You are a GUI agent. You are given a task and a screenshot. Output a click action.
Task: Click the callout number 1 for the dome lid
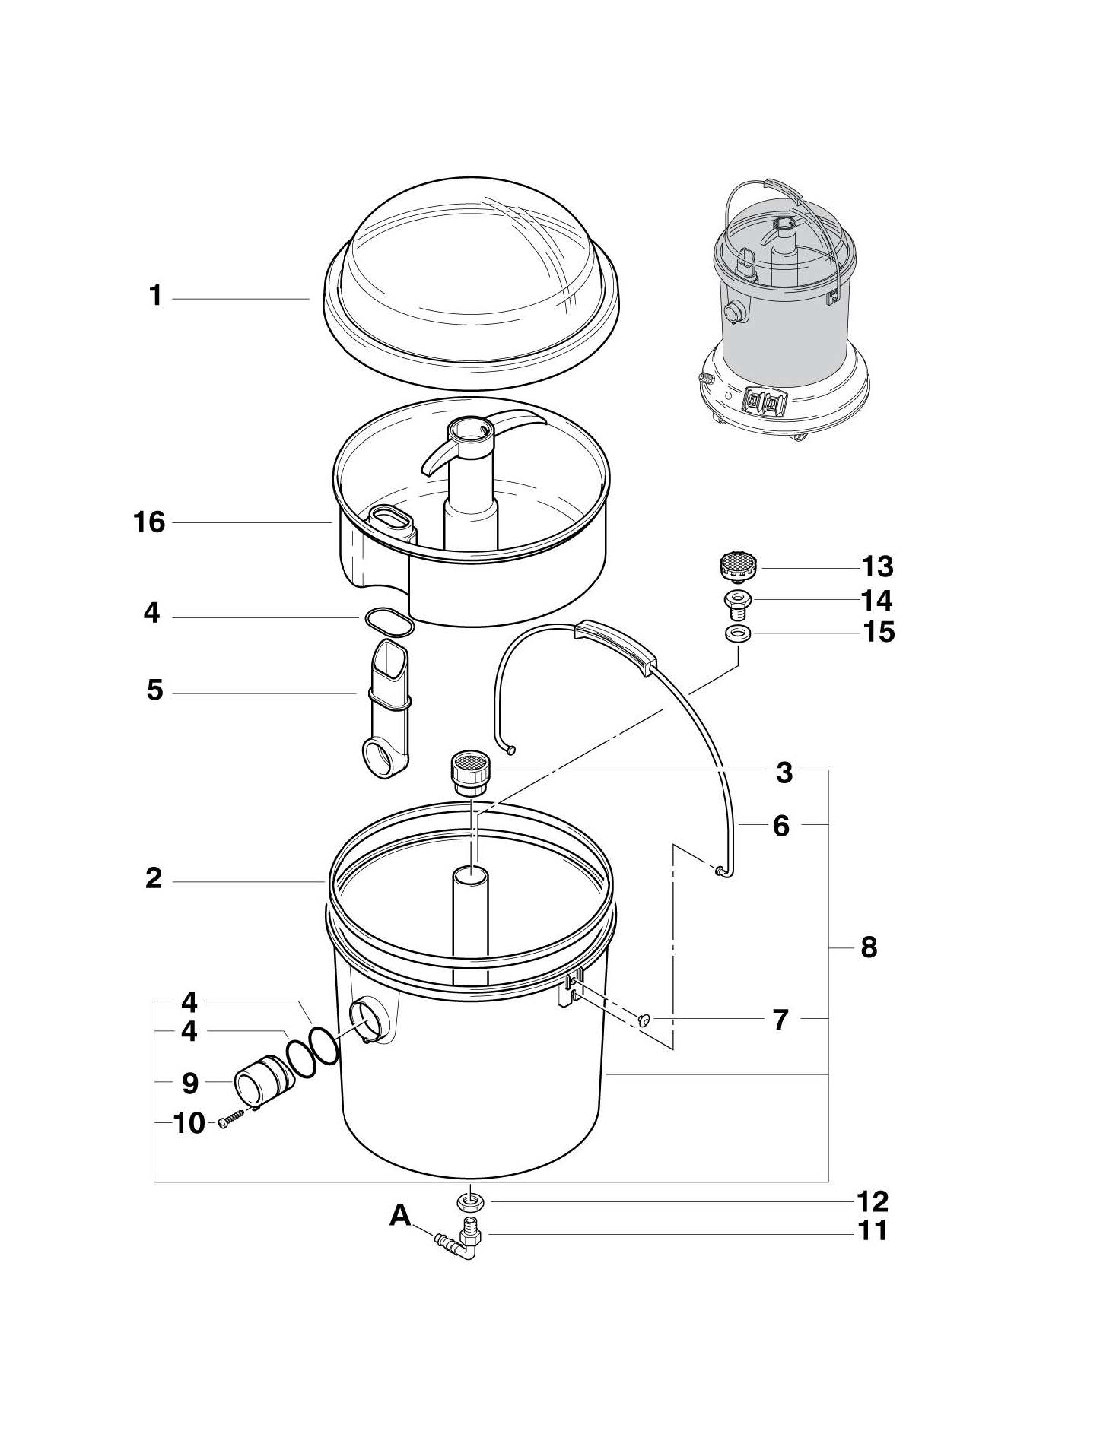coord(156,296)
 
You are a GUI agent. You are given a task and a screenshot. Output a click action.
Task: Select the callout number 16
coord(149,522)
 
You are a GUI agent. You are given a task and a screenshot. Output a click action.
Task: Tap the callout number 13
coord(877,566)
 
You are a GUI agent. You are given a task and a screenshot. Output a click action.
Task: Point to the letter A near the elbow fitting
coord(400,1216)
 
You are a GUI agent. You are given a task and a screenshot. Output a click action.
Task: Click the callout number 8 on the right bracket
coord(869,947)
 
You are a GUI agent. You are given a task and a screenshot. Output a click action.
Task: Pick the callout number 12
coord(872,1201)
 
